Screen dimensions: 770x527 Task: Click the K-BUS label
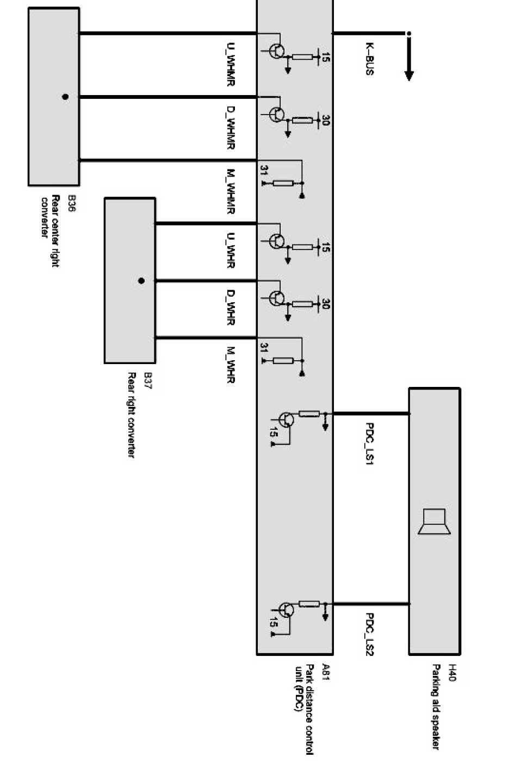tap(369, 59)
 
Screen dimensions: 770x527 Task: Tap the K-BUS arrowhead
tap(409, 75)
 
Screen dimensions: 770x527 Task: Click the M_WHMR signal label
tap(230, 191)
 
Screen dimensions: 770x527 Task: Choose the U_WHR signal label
tap(230, 251)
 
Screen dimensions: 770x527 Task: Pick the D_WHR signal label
tap(230, 307)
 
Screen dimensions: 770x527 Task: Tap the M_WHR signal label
tap(230, 365)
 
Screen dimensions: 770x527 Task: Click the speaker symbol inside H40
tap(435, 522)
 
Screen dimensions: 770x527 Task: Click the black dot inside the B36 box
tap(65, 97)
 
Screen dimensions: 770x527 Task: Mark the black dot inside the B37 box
tap(141, 281)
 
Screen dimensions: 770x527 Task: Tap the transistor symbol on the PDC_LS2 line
tap(286, 610)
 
